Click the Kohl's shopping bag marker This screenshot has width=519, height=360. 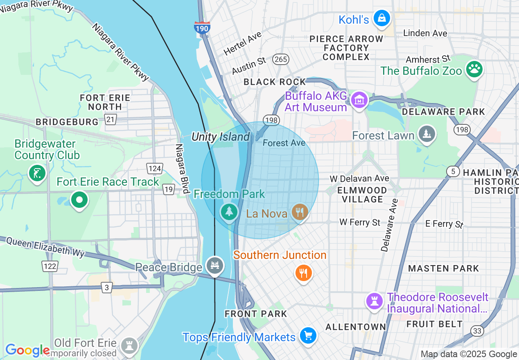coord(381,18)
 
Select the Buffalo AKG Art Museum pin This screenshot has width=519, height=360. coord(359,99)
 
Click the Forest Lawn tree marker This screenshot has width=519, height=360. coord(427,134)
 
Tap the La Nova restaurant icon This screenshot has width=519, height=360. coord(300,212)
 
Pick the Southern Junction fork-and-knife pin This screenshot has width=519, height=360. coord(303,272)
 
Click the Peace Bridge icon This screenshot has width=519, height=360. coord(215,265)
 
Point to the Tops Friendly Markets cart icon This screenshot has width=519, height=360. coord(308,336)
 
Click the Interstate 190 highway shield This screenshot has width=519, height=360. coord(202,28)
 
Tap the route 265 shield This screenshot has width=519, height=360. coord(281,60)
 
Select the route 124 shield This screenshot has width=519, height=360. coord(155,169)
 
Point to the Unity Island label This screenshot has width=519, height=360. coord(220,137)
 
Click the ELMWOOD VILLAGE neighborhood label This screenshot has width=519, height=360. coord(362,195)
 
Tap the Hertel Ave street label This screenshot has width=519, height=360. coord(242,44)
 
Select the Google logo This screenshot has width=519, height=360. coord(27,350)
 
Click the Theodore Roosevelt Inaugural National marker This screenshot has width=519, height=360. coord(374,301)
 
